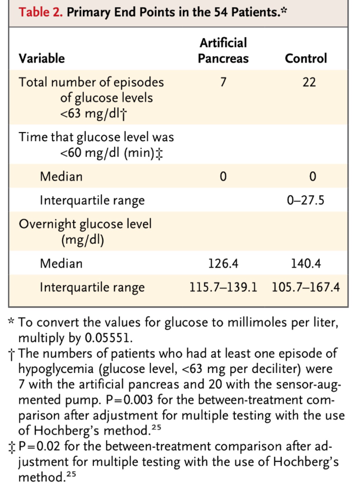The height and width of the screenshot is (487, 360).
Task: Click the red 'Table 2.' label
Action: click(x=41, y=12)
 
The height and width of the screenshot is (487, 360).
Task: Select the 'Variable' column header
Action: click(x=42, y=58)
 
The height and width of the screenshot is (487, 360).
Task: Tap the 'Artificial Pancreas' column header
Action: click(x=223, y=51)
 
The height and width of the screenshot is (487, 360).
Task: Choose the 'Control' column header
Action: click(x=306, y=58)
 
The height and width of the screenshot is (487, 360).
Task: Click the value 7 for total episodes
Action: click(x=223, y=82)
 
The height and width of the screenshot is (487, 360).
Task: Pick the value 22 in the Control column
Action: click(x=309, y=82)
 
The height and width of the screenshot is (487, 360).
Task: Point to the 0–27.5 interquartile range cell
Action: click(x=306, y=200)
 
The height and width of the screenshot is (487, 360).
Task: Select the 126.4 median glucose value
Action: click(x=223, y=264)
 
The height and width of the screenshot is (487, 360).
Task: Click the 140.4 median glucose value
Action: click(x=306, y=264)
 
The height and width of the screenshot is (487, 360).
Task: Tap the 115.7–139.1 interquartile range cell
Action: click(x=223, y=287)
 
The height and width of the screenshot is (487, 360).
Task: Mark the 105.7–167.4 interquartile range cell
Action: click(x=306, y=287)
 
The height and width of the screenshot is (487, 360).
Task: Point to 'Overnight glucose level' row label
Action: click(x=85, y=224)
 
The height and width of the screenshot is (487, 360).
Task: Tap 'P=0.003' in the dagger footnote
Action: click(x=129, y=400)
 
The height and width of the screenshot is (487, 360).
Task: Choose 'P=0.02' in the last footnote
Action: click(x=39, y=446)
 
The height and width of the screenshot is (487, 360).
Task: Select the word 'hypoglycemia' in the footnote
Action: click(x=56, y=369)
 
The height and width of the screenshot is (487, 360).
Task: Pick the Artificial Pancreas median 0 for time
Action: click(x=223, y=177)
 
